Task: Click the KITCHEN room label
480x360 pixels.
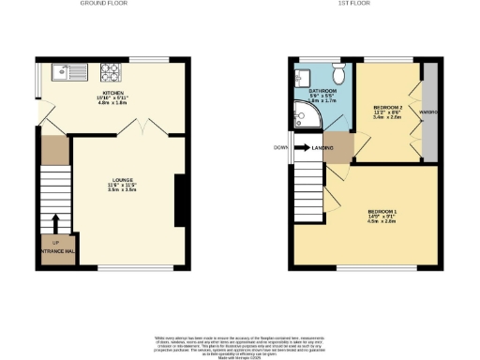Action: coord(115,94)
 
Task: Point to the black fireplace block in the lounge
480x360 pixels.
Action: coord(180,200)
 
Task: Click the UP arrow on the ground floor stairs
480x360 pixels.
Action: coord(55,223)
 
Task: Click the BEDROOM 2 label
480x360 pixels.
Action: coord(387,109)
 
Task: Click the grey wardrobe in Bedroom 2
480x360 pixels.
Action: coord(431,112)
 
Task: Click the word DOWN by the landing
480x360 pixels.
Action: coord(281,147)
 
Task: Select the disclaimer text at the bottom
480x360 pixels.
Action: coord(240,343)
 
